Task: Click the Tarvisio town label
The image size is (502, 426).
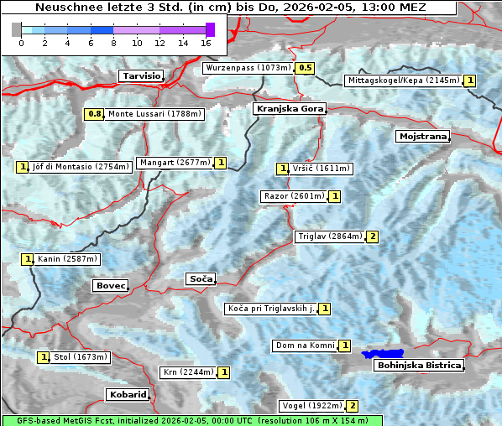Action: [x=141, y=75]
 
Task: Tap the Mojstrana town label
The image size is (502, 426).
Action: [x=422, y=136]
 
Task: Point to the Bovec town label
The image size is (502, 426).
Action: [x=110, y=286]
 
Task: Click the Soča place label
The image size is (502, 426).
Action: [x=201, y=278]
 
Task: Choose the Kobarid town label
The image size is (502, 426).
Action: [x=128, y=394]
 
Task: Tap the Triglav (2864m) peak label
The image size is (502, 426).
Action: [x=330, y=236]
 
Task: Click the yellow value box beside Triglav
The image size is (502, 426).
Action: [x=372, y=236]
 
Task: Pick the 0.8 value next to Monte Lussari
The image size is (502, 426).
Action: [x=94, y=114]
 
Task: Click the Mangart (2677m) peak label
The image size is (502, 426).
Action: [x=175, y=163]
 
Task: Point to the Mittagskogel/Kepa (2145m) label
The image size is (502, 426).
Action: [x=403, y=81]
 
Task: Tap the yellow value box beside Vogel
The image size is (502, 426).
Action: [x=353, y=406]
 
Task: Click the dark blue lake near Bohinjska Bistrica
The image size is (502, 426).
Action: [x=383, y=355]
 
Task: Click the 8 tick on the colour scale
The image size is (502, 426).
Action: [x=113, y=42]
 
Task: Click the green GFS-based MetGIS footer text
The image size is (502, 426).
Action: [x=191, y=420]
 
